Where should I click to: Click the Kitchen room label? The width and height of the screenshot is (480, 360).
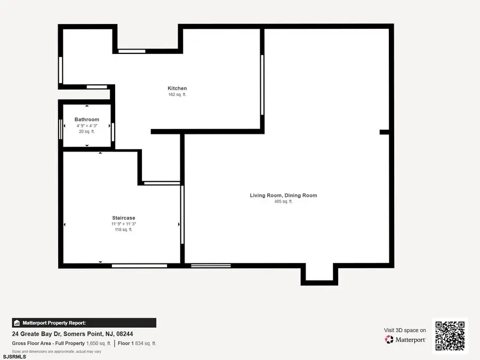coord(177,89)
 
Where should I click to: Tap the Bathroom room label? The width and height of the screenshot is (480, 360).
coord(86,119)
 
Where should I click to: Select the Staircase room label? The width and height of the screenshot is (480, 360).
coord(123,218)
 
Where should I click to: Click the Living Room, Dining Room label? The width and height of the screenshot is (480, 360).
coord(283,195)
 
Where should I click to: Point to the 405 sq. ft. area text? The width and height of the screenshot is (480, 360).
coord(283,202)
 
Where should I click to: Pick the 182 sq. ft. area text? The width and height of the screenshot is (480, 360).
coord(177,94)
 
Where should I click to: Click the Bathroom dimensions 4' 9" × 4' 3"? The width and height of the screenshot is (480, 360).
coord(86,126)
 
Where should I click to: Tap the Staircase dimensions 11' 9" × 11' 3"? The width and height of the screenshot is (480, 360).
coord(123,224)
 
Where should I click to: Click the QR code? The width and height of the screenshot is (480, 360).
coord(450,336)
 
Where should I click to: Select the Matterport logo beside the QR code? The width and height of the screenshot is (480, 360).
coord(405,340)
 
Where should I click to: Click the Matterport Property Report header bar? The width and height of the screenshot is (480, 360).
coord(84,323)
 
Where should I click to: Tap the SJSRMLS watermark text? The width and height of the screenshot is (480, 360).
coord(14,356)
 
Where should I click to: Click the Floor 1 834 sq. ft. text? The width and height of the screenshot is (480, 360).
coord(137,343)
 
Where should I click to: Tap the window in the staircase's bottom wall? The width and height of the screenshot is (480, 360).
coord(139,266)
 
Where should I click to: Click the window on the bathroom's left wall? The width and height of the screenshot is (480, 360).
coord(60,129)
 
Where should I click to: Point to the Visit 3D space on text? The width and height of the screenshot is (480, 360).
coord(405,330)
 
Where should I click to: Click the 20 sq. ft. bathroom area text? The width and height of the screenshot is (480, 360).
coord(86,131)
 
